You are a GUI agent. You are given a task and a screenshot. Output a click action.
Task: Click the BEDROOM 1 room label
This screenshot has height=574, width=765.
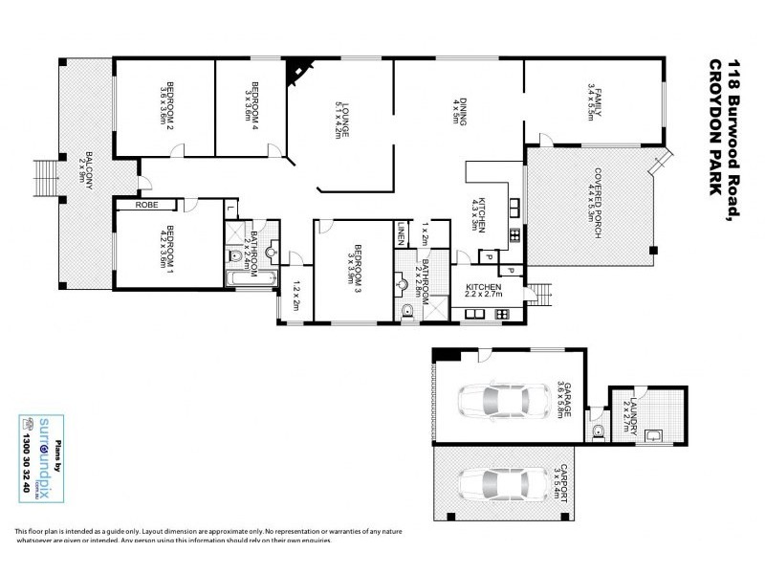pos(168,247)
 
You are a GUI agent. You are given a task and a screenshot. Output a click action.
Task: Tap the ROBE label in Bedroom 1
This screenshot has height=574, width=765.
pos(146,205)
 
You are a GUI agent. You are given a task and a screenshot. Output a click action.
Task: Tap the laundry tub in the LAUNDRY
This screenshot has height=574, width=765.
pos(653,437)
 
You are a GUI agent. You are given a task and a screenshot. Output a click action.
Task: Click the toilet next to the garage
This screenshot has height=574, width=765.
pos(599,431)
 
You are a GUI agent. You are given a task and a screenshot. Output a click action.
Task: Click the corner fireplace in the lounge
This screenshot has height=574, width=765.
pos(299,70)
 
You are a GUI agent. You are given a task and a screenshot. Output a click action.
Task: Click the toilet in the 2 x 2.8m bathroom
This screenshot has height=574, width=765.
pos(407,308)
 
